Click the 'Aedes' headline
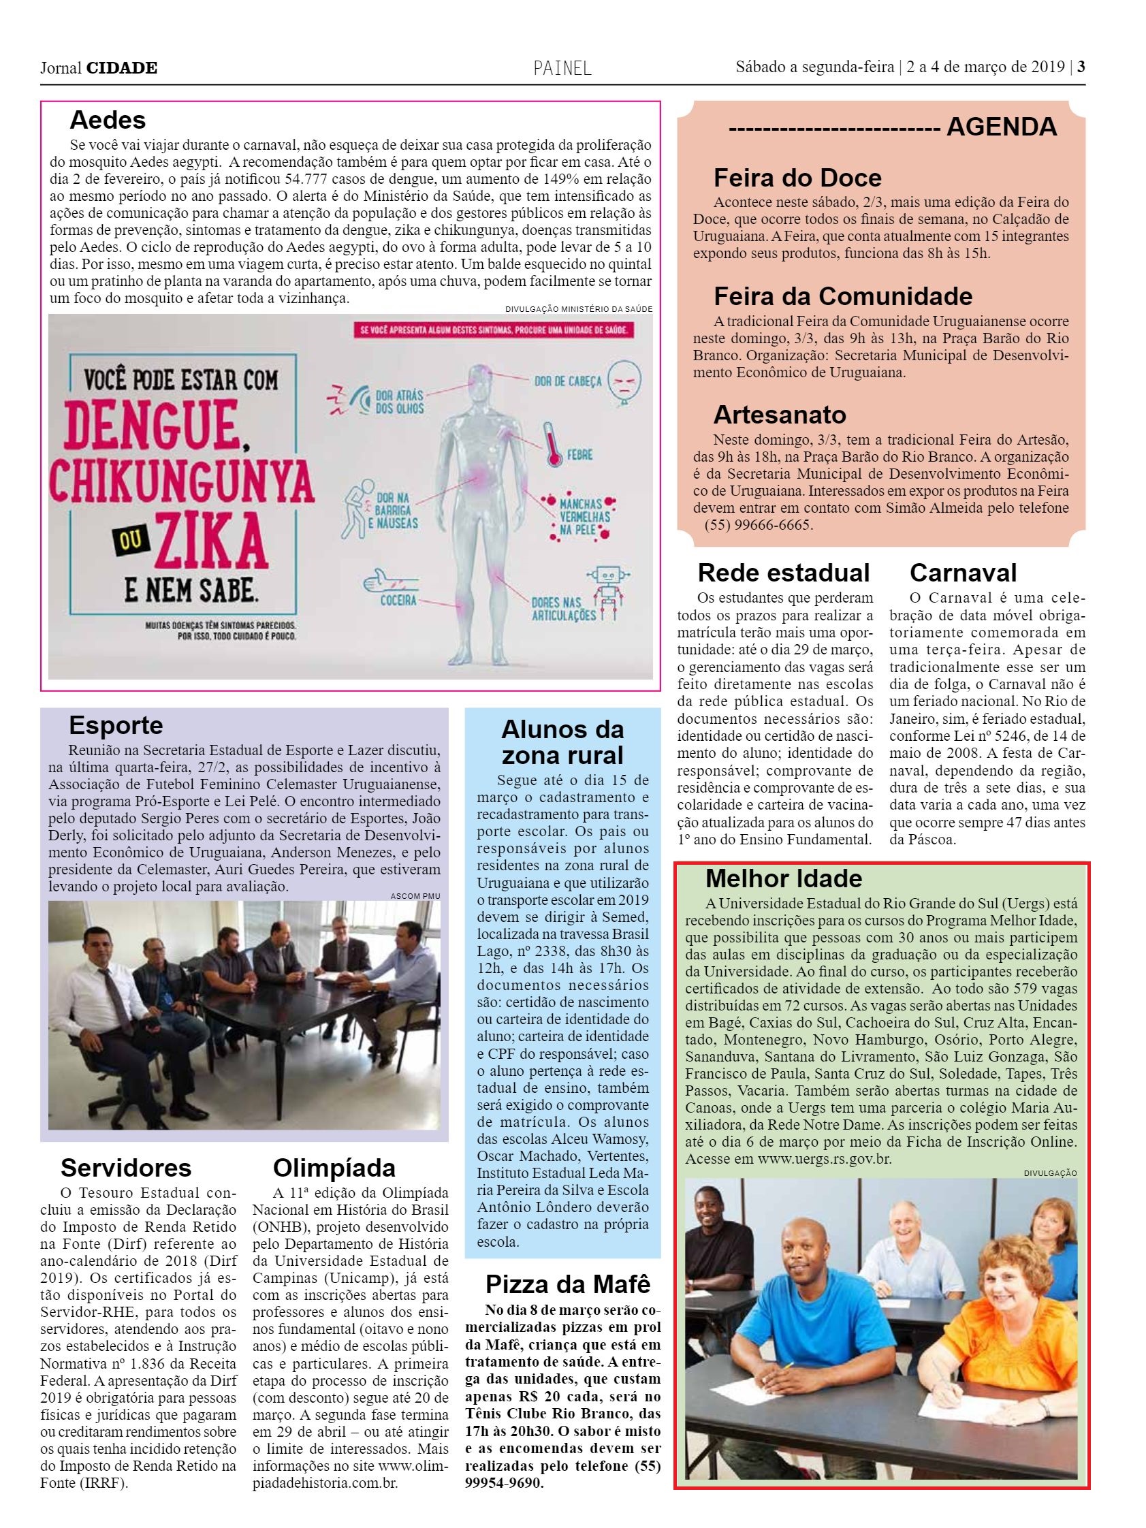[x=108, y=121]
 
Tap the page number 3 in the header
[x=1081, y=67]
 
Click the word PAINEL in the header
[x=562, y=68]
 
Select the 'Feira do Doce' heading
[x=797, y=178]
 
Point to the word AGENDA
[x=1001, y=127]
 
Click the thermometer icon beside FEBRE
[x=550, y=443]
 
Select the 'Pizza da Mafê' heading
[x=568, y=1284]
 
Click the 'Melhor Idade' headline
[x=783, y=878]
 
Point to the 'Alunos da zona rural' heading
[x=562, y=742]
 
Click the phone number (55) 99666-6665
[x=759, y=524]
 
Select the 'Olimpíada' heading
[x=334, y=1167]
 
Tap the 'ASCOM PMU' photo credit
[x=415, y=896]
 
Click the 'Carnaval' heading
[x=963, y=573]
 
